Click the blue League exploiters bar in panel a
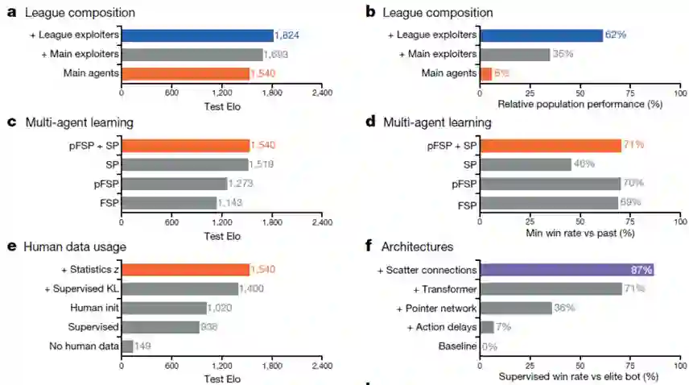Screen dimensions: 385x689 [x=197, y=35]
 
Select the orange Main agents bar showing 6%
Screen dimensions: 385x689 [x=485, y=74]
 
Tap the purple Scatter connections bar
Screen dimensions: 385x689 [x=567, y=270]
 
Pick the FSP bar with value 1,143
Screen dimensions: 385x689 [x=169, y=203]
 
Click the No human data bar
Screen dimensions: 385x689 [x=127, y=346]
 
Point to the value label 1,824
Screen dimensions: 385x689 [x=287, y=35]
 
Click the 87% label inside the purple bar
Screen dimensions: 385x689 [x=642, y=270]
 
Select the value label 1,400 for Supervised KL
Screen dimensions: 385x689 [x=252, y=288]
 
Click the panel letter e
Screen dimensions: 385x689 [x=11, y=246]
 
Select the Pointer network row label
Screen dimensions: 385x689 [x=437, y=308]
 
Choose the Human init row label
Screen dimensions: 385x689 [x=95, y=308]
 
